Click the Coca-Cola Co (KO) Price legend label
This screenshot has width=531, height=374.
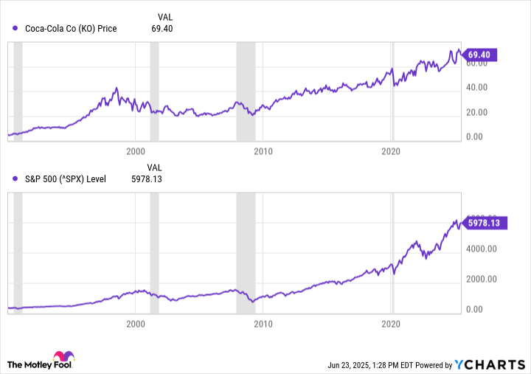click(71, 29)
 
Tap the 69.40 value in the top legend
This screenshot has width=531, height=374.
click(162, 29)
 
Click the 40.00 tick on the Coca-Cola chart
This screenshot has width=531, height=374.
click(478, 87)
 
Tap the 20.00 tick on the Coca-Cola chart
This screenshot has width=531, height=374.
click(478, 112)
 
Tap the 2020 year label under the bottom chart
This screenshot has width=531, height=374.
click(392, 324)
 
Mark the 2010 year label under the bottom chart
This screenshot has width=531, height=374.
click(263, 324)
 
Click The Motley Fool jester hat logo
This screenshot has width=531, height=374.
click(64, 356)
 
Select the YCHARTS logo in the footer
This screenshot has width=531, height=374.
click(489, 364)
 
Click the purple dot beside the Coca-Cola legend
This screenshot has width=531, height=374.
click(15, 29)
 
